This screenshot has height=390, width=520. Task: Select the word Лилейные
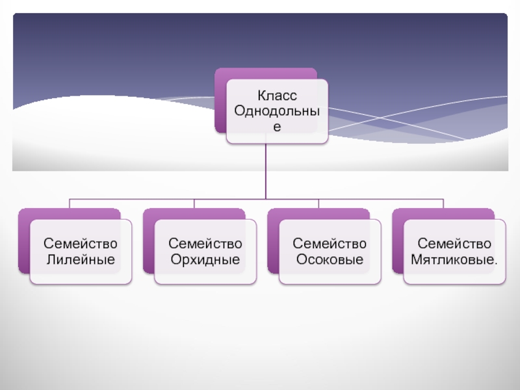click(81, 259)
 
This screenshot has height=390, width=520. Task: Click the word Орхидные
click(205, 259)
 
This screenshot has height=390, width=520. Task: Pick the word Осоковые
click(330, 259)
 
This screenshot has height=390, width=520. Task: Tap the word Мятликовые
click(452, 259)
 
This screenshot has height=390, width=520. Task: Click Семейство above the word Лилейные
click(81, 244)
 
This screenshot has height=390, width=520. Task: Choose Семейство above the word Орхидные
click(205, 244)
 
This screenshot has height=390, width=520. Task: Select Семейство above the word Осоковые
click(330, 244)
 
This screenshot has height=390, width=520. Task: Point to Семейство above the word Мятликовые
click(454, 244)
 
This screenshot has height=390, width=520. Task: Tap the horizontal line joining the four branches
click(162, 199)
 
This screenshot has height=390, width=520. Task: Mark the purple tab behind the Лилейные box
click(24, 240)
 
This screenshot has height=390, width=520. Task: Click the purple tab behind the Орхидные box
click(148, 240)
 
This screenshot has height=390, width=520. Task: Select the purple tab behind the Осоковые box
click(273, 240)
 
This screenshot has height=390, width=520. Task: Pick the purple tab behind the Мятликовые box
click(398, 240)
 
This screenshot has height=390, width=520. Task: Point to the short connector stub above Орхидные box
click(194, 203)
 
